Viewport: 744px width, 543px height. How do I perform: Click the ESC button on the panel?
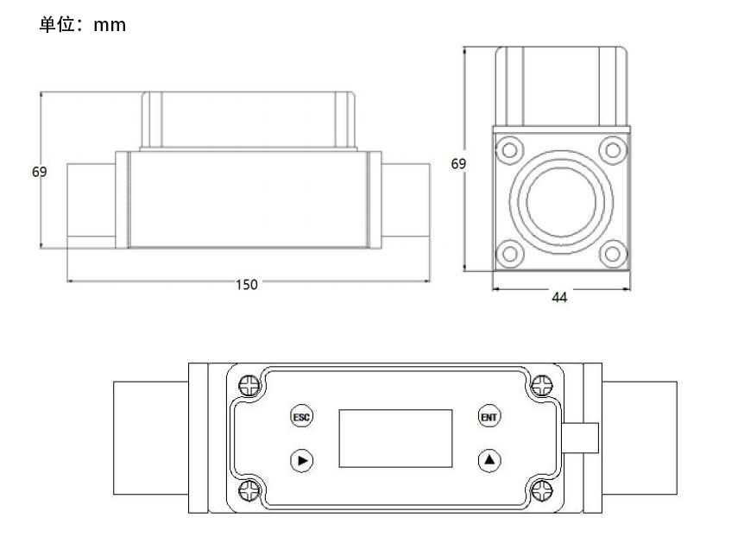pyautogui.click(x=301, y=416)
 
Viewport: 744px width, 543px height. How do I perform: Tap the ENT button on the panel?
pyautogui.click(x=490, y=416)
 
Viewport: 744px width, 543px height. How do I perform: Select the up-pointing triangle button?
pyautogui.click(x=490, y=460)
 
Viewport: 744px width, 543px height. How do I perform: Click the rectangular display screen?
pyautogui.click(x=395, y=438)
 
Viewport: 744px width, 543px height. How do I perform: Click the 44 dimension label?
pyautogui.click(x=559, y=297)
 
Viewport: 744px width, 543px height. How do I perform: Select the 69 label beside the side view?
pyautogui.click(x=458, y=163)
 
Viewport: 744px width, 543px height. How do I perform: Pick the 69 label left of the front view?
pyautogui.click(x=39, y=172)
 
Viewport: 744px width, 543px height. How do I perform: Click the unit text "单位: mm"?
pyautogui.click(x=83, y=25)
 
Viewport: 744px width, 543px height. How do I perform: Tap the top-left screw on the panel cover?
pyautogui.click(x=249, y=384)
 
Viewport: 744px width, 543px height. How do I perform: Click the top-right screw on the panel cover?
pyautogui.click(x=542, y=384)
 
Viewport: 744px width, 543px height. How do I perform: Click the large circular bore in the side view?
pyautogui.click(x=560, y=202)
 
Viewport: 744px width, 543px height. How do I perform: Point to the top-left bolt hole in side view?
pyautogui.click(x=510, y=149)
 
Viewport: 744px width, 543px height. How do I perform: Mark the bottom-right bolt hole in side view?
pyautogui.click(x=612, y=254)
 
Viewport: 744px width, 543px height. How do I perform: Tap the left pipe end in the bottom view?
pyautogui.click(x=151, y=438)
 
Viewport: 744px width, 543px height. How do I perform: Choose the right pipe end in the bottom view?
pyautogui.click(x=639, y=438)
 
